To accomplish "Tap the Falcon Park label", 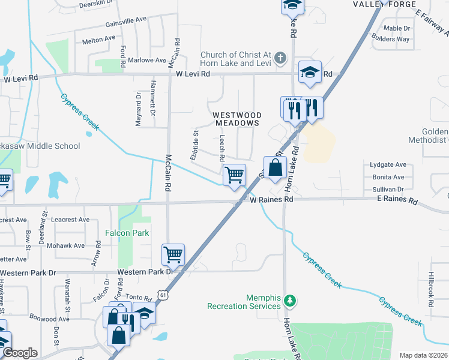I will [x=127, y=233].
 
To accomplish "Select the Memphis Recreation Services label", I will [x=244, y=302].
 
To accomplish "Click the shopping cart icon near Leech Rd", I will [x=234, y=175].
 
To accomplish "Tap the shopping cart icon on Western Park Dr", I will [x=173, y=254].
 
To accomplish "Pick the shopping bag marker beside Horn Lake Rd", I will [x=276, y=167].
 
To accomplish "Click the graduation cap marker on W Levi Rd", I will [x=310, y=72].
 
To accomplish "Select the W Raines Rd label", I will [x=271, y=199].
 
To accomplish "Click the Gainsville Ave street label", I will [x=126, y=19].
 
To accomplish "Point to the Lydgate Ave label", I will [x=388, y=164].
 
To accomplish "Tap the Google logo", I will [x=20, y=353].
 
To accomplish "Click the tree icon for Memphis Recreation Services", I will [x=290, y=299].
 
